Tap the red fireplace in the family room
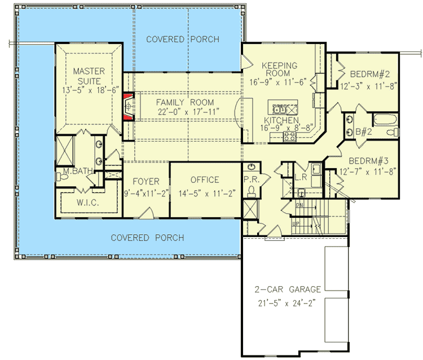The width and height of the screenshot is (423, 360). [129, 106]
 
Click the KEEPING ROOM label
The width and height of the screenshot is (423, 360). [277, 69]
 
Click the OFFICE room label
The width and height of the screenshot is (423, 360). [205, 180]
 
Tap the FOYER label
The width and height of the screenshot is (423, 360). [146, 181]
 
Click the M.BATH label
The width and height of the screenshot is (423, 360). [74, 171]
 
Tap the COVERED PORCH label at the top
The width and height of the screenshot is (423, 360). [182, 39]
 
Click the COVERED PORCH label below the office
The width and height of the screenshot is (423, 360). [147, 238]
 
